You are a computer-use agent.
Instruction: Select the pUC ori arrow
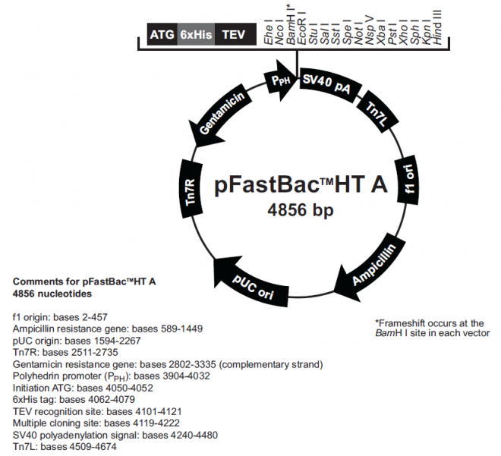[255, 283]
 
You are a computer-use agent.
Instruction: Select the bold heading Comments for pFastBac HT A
[84, 281]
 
